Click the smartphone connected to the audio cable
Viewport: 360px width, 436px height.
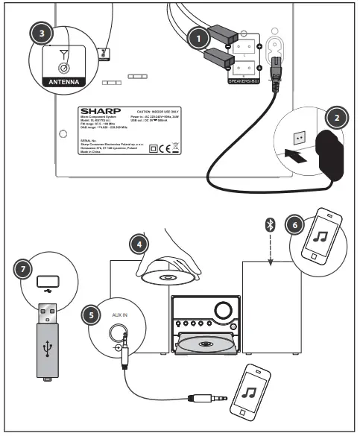(252, 393)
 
